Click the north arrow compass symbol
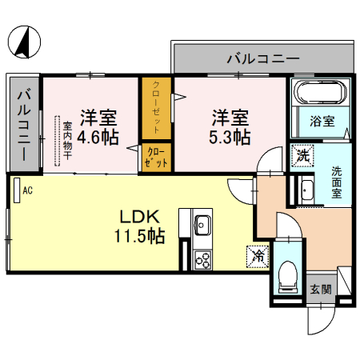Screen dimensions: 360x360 point(24,42)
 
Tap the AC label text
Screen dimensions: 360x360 point(27,190)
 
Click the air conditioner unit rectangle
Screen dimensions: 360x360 point(17,190)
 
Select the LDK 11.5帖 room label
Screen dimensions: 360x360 point(139,226)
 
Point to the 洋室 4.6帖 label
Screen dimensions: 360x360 point(98,127)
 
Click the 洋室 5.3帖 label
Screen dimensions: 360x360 point(230,127)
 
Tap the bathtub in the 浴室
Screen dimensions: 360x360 point(320,91)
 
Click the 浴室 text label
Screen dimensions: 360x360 point(322,122)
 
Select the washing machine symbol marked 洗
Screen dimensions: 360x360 point(302,155)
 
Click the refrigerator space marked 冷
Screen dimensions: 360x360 point(258,257)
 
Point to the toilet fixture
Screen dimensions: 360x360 point(288,277)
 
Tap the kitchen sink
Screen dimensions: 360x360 point(202,226)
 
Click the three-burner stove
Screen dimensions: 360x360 point(202,260)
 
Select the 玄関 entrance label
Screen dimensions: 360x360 point(321,290)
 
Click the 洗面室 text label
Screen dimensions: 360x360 point(337,182)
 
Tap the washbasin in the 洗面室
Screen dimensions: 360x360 point(307,190)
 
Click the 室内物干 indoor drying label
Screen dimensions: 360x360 point(67,141)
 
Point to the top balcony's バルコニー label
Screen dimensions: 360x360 point(263,58)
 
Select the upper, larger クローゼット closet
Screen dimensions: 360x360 point(156,108)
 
